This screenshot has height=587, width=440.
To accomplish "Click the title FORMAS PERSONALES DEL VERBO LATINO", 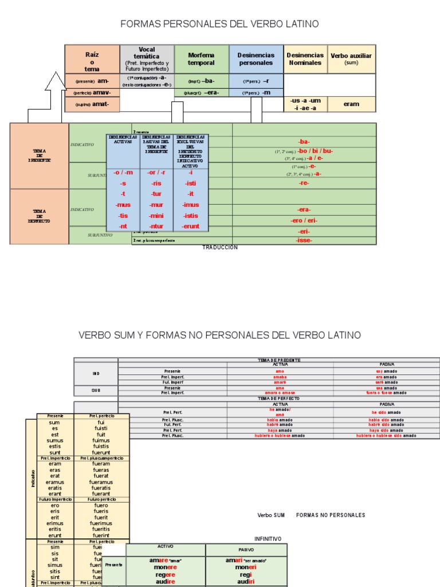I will tap(219, 24).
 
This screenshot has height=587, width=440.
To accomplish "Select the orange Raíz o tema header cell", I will tap(92, 59).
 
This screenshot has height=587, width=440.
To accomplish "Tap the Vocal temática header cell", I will tap(147, 59).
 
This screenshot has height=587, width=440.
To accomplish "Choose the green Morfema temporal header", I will tap(201, 59).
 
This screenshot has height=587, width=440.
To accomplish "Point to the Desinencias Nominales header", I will tap(305, 59).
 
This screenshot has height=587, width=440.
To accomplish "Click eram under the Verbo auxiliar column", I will tap(351, 104).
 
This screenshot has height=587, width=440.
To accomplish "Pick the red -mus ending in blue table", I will tap(123, 205).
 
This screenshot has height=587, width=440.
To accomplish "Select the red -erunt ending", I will tap(191, 226).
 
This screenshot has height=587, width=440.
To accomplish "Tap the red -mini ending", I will tap(156, 216).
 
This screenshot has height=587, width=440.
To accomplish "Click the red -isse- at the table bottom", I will tap(304, 240).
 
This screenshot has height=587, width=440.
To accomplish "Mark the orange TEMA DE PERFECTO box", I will tap(39, 217).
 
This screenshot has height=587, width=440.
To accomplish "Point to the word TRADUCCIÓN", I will tap(219, 248).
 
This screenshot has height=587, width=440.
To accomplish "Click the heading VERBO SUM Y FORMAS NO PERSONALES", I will tap(219, 335).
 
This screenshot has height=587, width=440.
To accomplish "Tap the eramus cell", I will tap(55, 482).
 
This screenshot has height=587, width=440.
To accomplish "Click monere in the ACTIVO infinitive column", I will tap(166, 567).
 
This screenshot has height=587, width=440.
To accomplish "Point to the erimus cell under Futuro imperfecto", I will tap(55, 523).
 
